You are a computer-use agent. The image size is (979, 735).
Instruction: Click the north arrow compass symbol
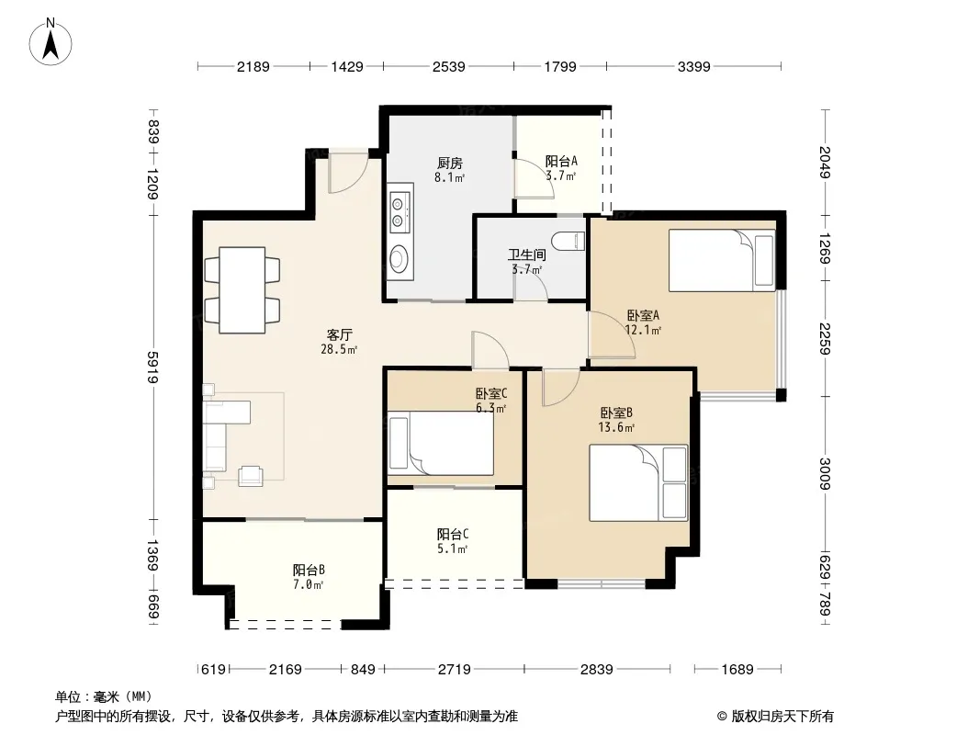coord(51,42)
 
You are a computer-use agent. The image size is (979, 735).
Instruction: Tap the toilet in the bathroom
coord(568,241)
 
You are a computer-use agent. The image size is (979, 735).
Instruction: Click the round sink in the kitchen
coord(399,258)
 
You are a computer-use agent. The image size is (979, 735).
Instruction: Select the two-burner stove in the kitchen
coord(399,211)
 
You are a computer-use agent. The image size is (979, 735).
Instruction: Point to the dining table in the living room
coord(242,289)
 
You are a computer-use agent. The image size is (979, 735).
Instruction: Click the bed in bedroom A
coord(722,260)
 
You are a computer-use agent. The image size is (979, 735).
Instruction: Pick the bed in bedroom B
coord(638,482)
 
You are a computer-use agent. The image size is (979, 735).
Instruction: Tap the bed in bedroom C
coord(441,444)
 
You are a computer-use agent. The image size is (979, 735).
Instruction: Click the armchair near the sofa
coord(251,475)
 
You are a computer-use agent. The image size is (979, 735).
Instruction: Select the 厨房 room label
coord(449,164)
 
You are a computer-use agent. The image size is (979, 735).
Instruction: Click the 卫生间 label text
coord(527,254)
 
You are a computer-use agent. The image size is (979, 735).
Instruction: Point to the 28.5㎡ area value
coord(339,350)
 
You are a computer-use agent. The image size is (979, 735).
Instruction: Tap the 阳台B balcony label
coord(309,571)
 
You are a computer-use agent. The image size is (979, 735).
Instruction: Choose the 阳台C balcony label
coord(453,535)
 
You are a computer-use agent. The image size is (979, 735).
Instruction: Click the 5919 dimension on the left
coord(152,367)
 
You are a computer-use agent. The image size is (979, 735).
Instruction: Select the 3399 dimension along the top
coord(694,66)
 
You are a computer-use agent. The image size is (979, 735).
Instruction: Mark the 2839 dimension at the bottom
coord(597,670)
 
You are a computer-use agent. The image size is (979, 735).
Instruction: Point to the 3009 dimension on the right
coord(825,474)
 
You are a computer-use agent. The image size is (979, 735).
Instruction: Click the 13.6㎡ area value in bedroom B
coord(616,428)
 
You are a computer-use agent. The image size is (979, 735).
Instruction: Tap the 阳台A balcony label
coord(561,161)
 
